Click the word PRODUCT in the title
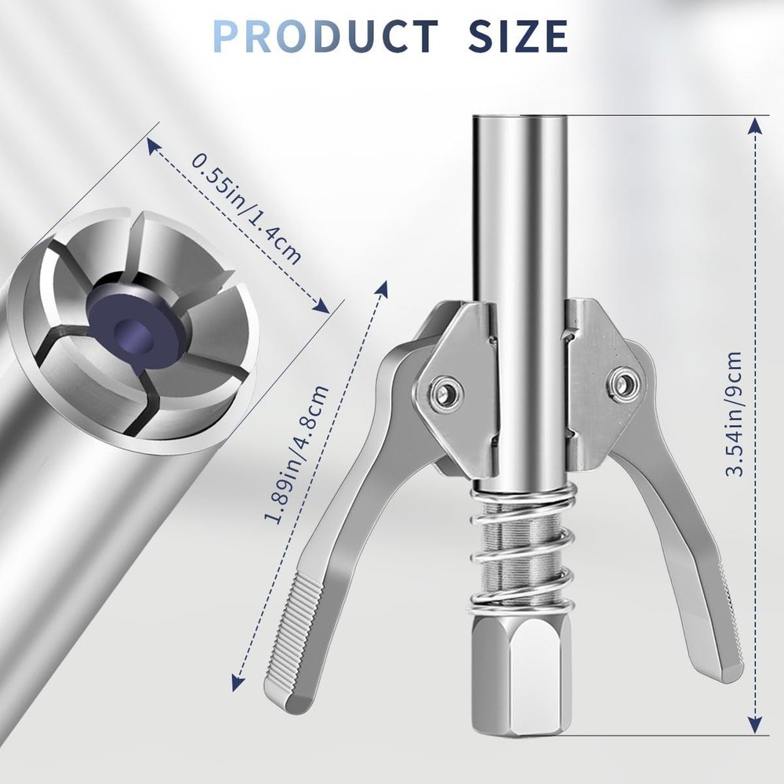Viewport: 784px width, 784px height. click(325, 35)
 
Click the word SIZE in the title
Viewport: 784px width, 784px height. click(517, 35)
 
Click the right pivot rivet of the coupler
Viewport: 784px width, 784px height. click(624, 383)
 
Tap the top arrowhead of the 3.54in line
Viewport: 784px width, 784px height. click(754, 125)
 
